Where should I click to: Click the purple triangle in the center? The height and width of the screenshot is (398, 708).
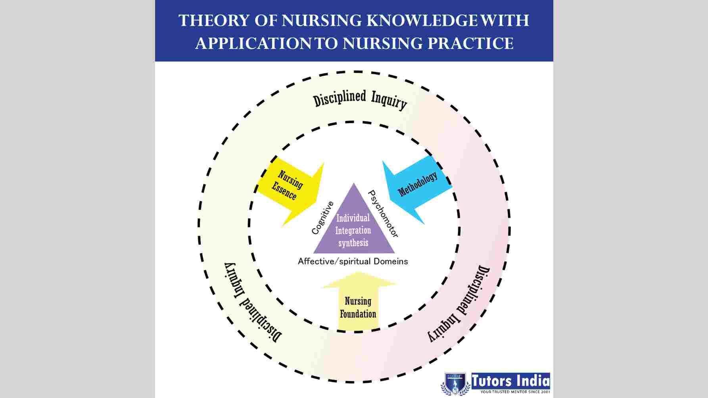(x=354, y=228)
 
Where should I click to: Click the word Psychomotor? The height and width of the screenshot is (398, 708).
(x=383, y=214)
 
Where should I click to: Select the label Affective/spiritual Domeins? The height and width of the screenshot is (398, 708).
(x=353, y=262)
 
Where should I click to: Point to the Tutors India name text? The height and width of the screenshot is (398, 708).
(x=510, y=381)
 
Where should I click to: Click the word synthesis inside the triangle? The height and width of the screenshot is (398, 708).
(x=353, y=243)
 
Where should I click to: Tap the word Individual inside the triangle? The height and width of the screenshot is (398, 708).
(x=353, y=218)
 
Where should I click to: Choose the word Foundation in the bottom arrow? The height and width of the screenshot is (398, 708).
(x=358, y=314)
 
